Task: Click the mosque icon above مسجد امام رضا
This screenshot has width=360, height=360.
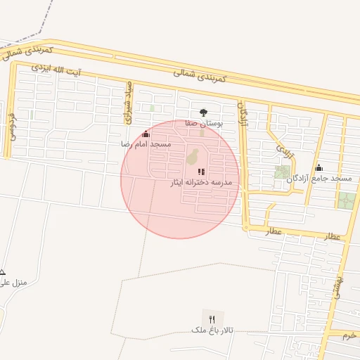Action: pyautogui.click(x=146, y=134)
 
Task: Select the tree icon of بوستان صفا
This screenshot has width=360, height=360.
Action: pyautogui.click(x=204, y=112)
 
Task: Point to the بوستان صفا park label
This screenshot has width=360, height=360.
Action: pyautogui.click(x=204, y=122)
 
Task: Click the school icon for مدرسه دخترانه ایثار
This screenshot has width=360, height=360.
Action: pyautogui.click(x=201, y=172)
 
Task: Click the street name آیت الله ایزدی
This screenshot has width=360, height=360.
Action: pyautogui.click(x=57, y=70)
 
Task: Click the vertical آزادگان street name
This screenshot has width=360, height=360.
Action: pyautogui.click(x=244, y=115)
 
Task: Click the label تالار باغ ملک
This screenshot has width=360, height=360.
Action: pyautogui.click(x=216, y=330)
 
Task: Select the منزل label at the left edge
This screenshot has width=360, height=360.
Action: pyautogui.click(x=14, y=283)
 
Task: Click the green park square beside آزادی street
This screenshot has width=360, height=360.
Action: pyautogui.click(x=282, y=172)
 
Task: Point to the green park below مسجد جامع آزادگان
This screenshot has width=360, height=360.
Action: pyautogui.click(x=345, y=200)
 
